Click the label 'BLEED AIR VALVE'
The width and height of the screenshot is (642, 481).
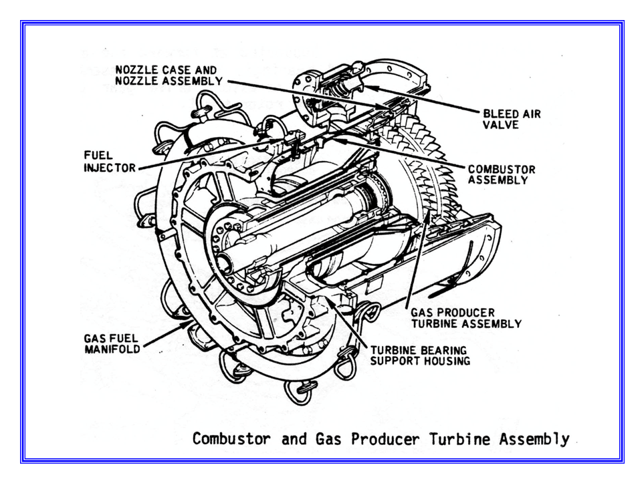click(512, 119)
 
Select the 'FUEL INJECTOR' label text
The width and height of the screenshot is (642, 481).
click(108, 161)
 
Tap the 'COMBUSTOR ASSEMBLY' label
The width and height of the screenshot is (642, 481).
click(501, 174)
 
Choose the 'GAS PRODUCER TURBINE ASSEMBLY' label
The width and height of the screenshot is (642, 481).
click(465, 318)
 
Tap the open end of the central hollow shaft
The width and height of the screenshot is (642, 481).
click(235, 257)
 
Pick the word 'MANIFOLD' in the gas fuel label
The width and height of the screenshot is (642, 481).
click(112, 349)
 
